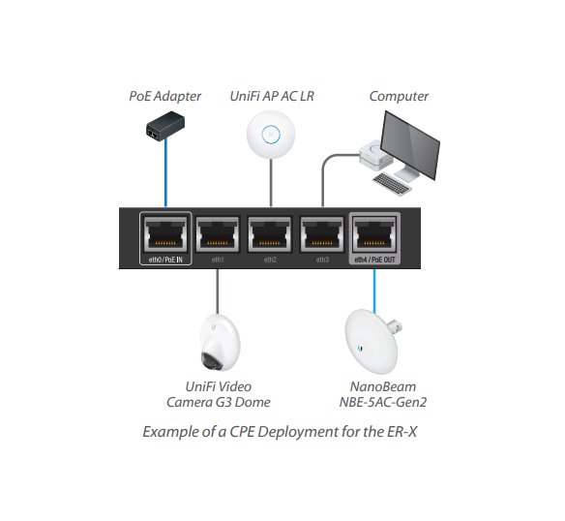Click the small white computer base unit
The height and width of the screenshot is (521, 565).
[373, 154]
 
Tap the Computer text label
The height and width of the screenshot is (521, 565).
[399, 96]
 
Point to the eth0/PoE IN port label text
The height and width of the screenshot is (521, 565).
[165, 260]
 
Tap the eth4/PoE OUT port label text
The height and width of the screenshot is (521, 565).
[374, 260]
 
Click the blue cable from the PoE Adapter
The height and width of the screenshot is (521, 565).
[165, 174]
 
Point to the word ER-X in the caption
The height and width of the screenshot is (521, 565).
[401, 431]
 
